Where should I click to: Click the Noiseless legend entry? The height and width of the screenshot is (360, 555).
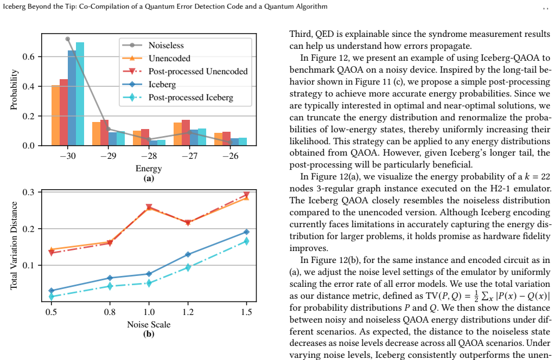[x=153, y=45]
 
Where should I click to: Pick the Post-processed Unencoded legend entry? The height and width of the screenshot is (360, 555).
[x=185, y=72]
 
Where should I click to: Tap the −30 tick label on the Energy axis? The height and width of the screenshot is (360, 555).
[x=68, y=156]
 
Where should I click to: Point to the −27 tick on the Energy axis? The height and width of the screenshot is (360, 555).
[x=190, y=156]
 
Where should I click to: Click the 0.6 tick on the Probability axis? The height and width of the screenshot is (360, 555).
[x=28, y=56]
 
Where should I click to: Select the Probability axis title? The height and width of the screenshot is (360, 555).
[x=14, y=89]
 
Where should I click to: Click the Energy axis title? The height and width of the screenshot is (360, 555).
[x=149, y=168]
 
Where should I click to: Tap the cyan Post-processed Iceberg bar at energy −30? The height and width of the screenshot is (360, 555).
[x=80, y=94]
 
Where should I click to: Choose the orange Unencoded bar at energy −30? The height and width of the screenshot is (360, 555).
[x=55, y=115]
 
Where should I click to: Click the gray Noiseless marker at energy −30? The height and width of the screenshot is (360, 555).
[x=68, y=39]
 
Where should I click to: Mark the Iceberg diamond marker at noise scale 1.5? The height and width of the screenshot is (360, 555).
[x=246, y=232]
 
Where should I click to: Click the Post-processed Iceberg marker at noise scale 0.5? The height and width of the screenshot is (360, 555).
[x=52, y=297]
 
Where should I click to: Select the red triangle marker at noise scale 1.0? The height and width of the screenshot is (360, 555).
[x=149, y=207]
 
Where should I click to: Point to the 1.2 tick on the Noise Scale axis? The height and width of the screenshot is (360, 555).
[x=188, y=312]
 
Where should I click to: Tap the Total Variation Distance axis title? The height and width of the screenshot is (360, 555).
[x=14, y=246]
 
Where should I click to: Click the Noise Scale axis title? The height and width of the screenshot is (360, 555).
[x=149, y=324]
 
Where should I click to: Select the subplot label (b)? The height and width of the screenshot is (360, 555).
[x=149, y=333]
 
